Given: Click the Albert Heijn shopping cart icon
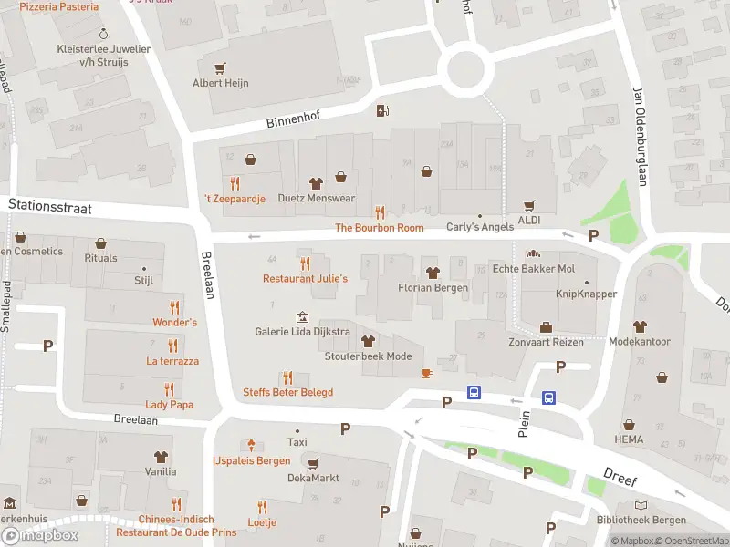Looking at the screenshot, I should pos(219,67).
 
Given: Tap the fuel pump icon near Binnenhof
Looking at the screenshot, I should pos(382,110).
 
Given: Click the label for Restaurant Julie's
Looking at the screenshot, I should pos(305,278).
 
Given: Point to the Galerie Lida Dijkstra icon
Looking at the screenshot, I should pos(302,316).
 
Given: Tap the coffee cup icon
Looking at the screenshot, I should pos(426,372).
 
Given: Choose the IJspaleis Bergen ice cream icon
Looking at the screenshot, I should pos(251,445).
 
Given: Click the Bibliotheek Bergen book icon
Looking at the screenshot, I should pos(641,505).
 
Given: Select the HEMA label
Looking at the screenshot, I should pos(629,439).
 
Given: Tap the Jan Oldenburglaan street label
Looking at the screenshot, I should pos(641,137).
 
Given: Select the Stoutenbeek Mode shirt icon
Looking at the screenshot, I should pos(368,341).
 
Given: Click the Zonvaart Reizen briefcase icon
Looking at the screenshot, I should pos(546,327).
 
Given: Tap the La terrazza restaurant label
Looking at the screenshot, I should pos(172,361).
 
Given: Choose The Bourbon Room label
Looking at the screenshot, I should pos(380,228).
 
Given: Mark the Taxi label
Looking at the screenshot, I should pos(297,441).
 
